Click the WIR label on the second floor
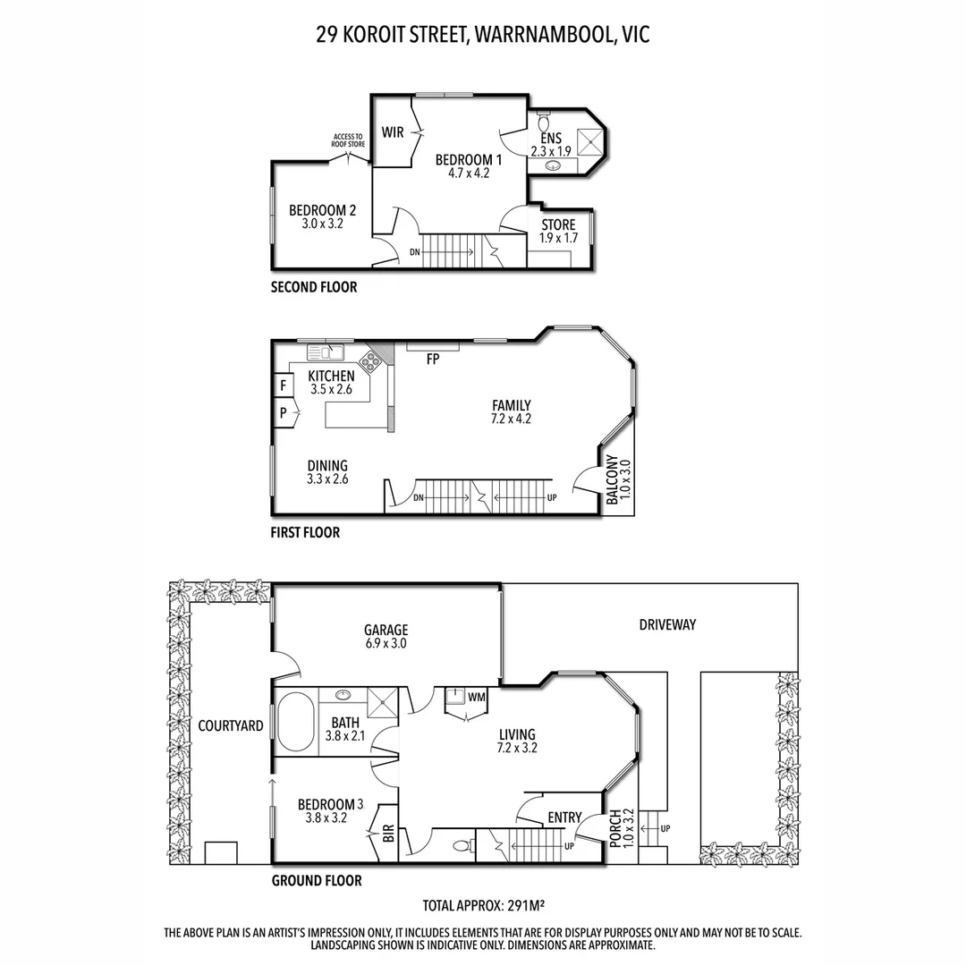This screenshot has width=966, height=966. [x=393, y=132]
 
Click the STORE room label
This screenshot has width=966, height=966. [x=558, y=225]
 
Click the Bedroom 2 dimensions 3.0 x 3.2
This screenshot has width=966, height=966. [x=322, y=225]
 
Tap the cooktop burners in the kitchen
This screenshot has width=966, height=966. [x=370, y=362]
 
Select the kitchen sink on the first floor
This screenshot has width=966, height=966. [x=326, y=351]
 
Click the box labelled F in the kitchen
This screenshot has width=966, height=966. [x=284, y=386]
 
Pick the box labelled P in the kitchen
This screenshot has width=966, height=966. [x=284, y=414]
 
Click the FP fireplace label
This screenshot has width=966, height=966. [x=433, y=360]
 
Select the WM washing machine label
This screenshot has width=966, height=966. [x=476, y=696]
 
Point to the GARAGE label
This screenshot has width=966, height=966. [x=386, y=629]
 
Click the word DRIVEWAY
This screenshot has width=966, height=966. [x=667, y=624]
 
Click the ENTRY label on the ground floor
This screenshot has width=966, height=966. [x=564, y=817]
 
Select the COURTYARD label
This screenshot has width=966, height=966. [x=231, y=725]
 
